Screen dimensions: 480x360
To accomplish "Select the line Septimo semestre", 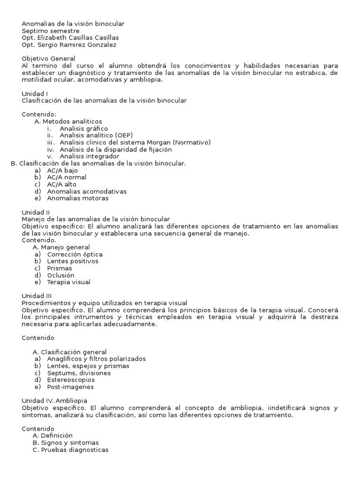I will tap(51, 30).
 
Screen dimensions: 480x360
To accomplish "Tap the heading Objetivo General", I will tap(48, 59).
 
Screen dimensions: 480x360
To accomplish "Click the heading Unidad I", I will tap(35, 94).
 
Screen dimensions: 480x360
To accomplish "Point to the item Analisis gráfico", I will tap(84, 128).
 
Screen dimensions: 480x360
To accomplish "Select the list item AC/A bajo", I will tap(62, 170).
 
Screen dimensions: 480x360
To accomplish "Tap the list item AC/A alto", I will tap(61, 184).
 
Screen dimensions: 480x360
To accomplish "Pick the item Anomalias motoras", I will tap(78, 198).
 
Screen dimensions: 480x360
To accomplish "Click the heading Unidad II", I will tap(36, 212).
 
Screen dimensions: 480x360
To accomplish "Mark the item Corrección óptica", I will tap(75, 254).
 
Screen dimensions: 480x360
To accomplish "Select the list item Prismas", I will tap(60, 268).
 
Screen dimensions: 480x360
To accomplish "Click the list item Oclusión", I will tap(60, 275).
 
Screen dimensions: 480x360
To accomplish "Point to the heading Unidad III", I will tap(37, 296).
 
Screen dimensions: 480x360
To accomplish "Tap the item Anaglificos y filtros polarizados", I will tap(96, 359).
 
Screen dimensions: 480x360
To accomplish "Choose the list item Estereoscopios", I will tap(71, 380).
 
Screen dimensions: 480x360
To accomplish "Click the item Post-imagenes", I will tap(70, 387).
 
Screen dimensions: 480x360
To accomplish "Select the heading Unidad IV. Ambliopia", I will tap(54, 401).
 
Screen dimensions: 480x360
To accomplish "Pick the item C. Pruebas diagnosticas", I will tap(70, 450).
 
